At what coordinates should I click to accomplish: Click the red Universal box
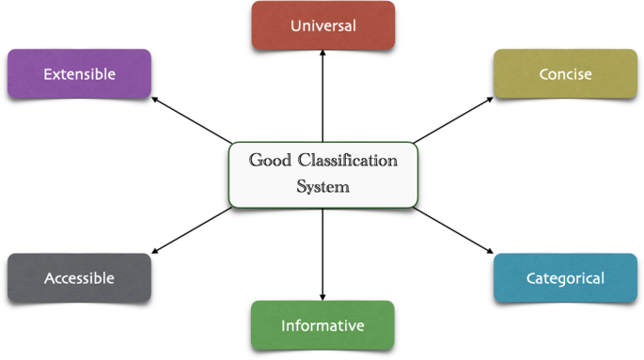[x=323, y=25]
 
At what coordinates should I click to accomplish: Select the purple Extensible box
[x=79, y=74]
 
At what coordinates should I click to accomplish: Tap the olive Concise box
[x=565, y=74]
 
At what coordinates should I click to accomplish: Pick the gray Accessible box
[x=79, y=278]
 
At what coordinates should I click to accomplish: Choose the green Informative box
[x=322, y=325]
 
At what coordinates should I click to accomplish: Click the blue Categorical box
[x=565, y=278]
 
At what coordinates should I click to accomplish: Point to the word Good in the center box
[x=270, y=160]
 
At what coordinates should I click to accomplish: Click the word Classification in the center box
[x=348, y=160]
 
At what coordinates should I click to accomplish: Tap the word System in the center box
[x=322, y=187]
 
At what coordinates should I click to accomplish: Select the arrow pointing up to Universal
[x=322, y=96]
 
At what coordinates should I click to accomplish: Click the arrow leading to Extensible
[x=192, y=120]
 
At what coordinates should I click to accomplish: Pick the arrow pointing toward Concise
[x=453, y=120]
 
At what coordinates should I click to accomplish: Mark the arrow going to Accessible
[x=192, y=230]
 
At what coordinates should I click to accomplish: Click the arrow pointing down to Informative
[x=322, y=255]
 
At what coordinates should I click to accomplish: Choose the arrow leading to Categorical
[x=453, y=230]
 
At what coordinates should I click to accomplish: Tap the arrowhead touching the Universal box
[x=322, y=53]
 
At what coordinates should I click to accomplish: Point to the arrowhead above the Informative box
[x=322, y=298]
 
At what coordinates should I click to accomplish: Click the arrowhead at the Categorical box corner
[x=491, y=251]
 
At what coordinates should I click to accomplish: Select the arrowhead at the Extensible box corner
[x=155, y=99]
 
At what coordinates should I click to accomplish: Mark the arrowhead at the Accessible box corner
[x=155, y=251]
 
